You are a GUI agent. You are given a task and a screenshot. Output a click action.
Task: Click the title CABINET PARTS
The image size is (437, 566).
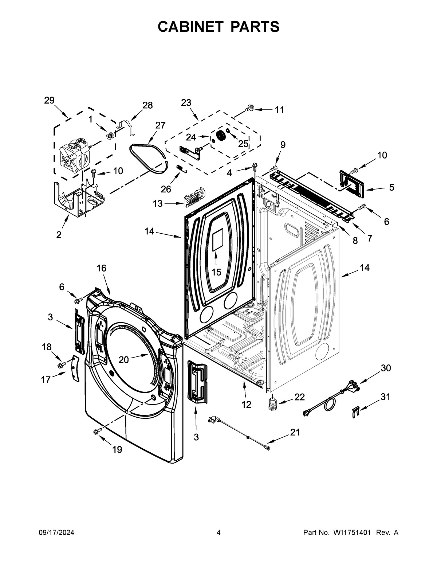coord(219,27)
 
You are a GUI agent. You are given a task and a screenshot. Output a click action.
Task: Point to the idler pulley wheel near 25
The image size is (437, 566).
coord(220,136)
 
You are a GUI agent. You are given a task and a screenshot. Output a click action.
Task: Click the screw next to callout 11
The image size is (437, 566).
coord(249,108)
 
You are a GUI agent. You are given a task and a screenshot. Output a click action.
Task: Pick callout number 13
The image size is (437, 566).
coord(157,204)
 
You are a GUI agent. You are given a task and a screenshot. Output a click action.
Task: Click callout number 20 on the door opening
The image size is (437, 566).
coord(124,360)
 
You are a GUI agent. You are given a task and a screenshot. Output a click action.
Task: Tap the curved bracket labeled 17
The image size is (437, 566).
coord(75,368)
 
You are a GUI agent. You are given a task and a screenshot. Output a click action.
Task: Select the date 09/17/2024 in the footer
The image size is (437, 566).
coord(56,533)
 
